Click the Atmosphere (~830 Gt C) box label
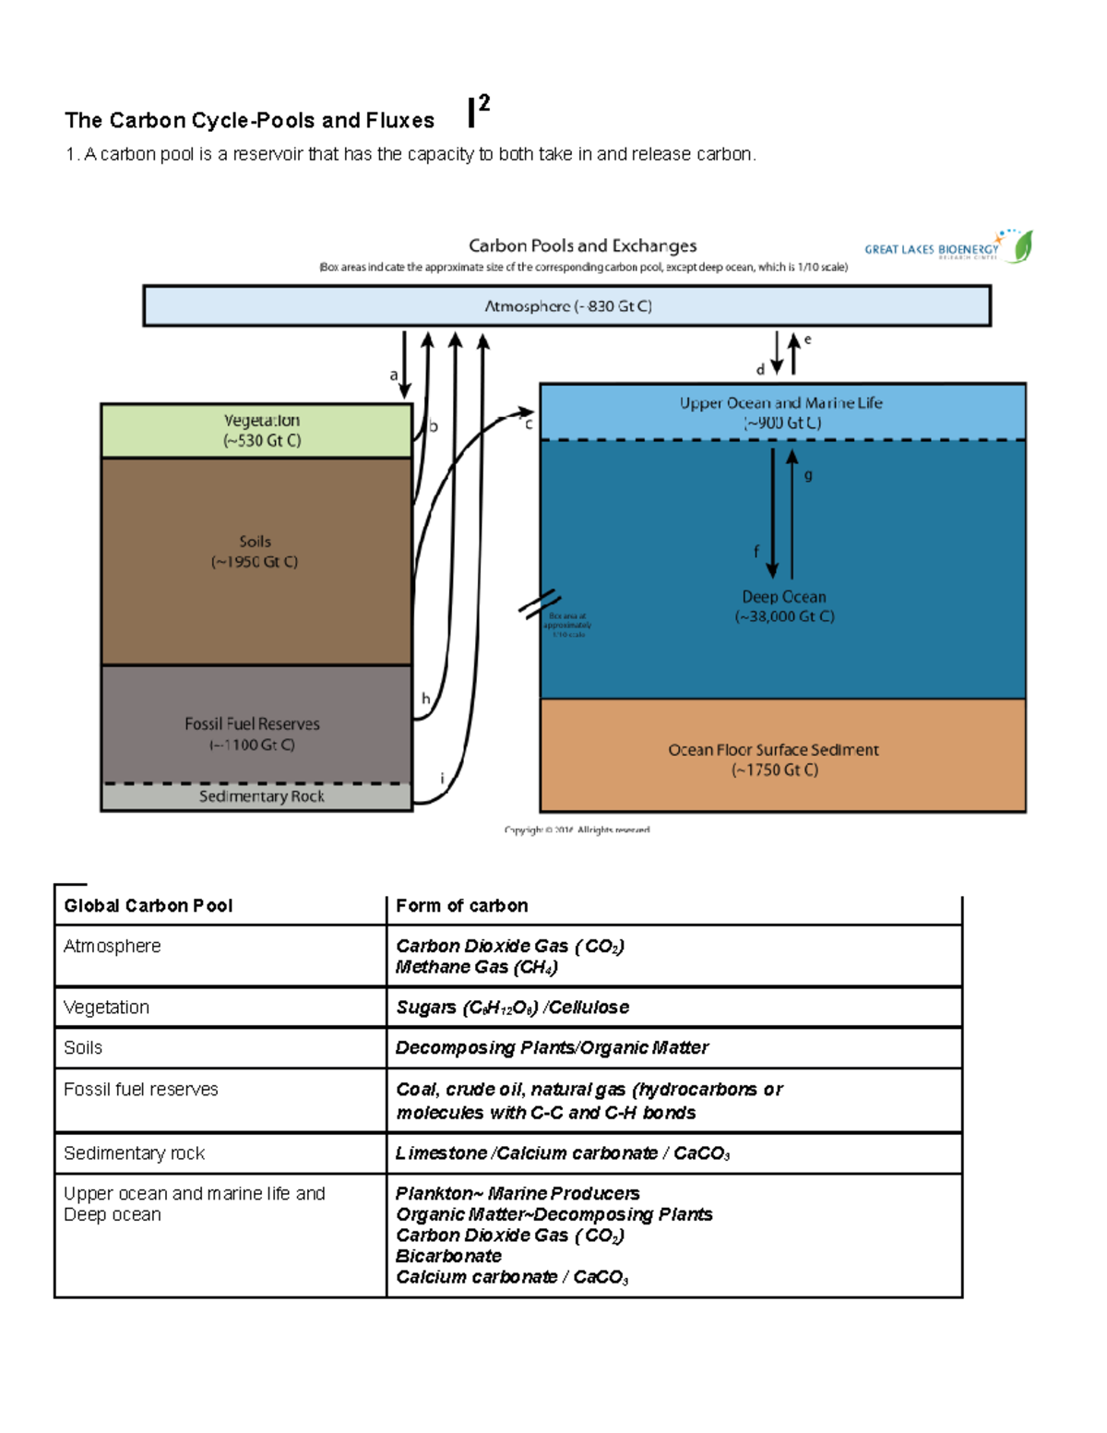568,306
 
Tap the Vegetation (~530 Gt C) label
261,430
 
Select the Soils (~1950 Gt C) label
255,551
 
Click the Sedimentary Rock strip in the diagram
261,796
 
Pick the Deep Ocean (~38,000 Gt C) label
784,606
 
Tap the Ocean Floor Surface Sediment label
773,759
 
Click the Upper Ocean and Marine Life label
780,412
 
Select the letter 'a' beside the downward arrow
394,375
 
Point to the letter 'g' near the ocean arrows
808,475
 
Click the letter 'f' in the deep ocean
756,551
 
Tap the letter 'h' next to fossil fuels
425,699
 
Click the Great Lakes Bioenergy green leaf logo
1022,246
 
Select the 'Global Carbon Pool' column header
149,906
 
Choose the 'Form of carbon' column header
462,906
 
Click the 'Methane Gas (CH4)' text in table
477,967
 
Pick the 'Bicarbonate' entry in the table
448,1256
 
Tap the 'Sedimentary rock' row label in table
135,1153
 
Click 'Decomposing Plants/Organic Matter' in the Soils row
552,1048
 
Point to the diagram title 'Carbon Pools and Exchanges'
582,245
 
